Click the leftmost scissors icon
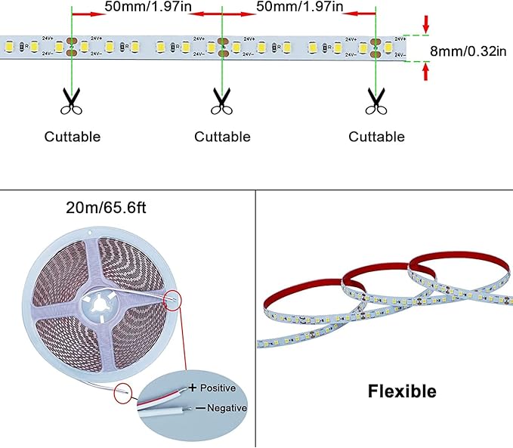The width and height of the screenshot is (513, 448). (x=72, y=100)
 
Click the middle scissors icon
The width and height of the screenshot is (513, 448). (x=221, y=100)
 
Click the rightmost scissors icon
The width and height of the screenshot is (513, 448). (x=375, y=100)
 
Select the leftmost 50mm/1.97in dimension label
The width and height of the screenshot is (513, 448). (x=147, y=7)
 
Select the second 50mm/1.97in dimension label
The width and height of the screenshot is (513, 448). (x=299, y=7)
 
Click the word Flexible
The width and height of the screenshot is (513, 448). (x=402, y=391)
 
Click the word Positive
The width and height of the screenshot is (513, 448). (x=218, y=388)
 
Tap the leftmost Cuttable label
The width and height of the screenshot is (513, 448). (x=72, y=137)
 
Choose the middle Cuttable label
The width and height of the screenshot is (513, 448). (x=222, y=137)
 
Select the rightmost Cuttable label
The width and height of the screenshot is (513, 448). (x=376, y=137)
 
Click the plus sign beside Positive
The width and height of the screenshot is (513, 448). (x=193, y=388)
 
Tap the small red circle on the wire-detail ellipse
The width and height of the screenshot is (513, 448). (x=123, y=393)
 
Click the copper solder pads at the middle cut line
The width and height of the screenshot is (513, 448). (x=222, y=48)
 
